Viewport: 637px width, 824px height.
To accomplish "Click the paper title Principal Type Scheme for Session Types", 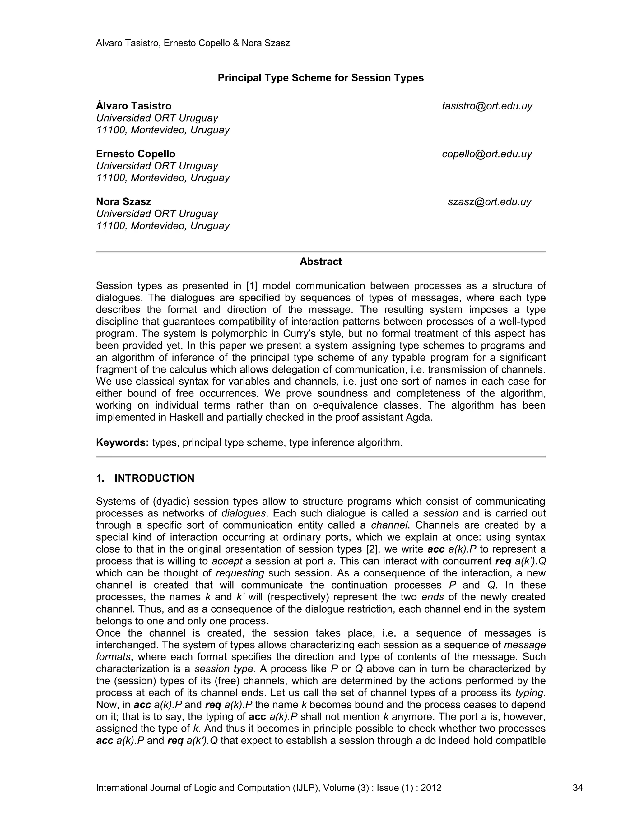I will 320,78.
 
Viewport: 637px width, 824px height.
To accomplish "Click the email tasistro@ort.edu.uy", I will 487,106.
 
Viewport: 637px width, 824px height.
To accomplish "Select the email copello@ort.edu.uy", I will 487,154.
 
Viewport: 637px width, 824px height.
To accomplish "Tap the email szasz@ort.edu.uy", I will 490,202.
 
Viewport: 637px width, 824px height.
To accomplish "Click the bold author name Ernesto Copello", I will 136,154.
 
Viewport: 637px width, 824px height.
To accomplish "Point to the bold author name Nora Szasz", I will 123,202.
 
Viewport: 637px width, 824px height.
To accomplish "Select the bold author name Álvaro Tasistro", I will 133,106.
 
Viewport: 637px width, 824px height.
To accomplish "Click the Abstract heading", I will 320,262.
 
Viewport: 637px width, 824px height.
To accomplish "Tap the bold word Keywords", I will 122,442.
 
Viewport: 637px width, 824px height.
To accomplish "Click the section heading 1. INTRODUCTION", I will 145,479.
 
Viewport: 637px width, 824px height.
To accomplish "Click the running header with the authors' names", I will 193,44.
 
